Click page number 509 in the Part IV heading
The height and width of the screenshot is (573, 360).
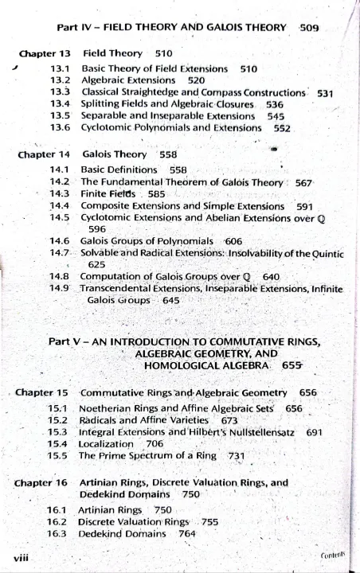click(x=309, y=27)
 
